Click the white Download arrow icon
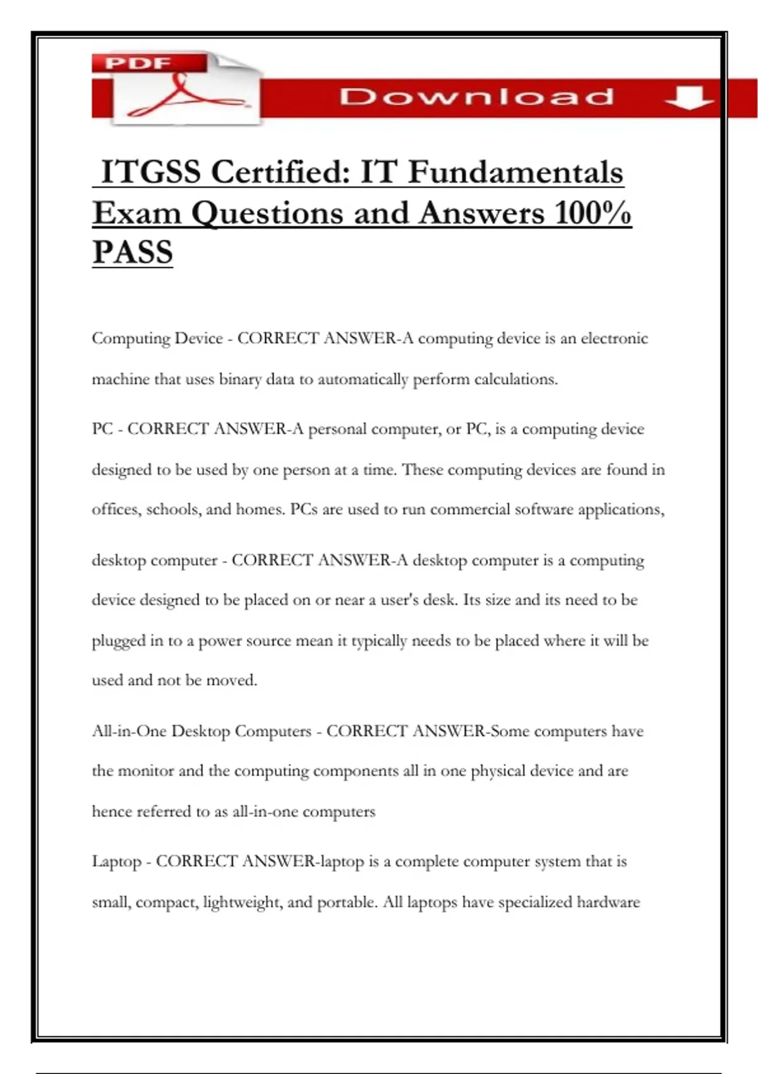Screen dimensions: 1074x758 [689, 98]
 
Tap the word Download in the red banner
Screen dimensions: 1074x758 [476, 97]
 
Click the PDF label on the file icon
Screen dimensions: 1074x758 [138, 63]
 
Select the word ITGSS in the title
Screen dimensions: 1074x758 [151, 172]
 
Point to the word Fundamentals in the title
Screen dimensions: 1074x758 [515, 172]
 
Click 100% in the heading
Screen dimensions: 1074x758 [593, 212]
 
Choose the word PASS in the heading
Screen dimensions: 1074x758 [133, 252]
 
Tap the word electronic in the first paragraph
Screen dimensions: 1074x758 [614, 339]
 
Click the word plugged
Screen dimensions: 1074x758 [119, 641]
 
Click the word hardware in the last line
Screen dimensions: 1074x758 [608, 902]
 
